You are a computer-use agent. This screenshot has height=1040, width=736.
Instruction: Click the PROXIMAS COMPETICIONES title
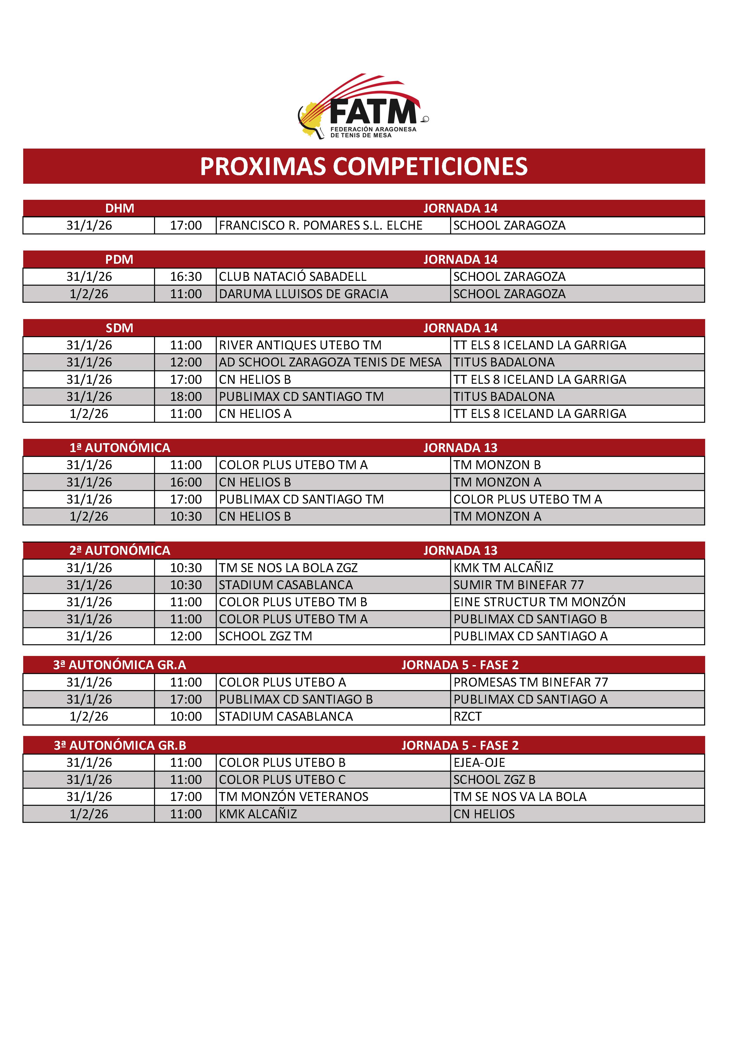364,166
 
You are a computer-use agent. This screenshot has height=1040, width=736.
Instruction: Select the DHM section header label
120,208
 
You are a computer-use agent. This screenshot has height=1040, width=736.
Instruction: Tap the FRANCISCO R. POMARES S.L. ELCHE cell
320,226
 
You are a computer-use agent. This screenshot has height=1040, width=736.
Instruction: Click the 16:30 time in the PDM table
186,277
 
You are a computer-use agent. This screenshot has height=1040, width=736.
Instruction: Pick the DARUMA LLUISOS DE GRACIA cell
303,294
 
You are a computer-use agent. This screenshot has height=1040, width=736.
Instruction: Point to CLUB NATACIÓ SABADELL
292,277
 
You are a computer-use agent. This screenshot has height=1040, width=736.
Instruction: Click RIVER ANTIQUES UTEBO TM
300,345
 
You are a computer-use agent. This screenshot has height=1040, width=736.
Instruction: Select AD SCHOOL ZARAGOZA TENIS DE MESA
330,362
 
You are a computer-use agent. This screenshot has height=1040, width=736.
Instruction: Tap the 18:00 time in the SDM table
186,397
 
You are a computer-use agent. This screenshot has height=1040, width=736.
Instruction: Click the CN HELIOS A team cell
255,414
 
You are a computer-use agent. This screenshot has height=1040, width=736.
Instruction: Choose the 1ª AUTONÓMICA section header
120,448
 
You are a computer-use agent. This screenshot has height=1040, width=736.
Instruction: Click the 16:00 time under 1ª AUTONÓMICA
186,482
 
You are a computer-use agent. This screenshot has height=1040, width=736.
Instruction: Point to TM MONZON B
497,465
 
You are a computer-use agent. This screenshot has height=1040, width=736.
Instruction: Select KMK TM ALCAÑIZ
503,568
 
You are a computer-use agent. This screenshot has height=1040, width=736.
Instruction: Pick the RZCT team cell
468,717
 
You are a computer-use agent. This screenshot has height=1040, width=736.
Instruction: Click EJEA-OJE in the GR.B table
479,763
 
